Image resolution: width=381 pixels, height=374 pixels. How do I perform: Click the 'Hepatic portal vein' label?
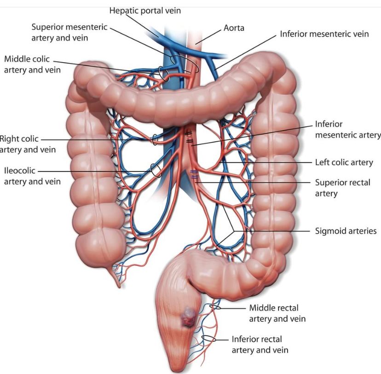(145, 11)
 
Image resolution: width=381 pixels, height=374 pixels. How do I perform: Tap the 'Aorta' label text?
(234, 28)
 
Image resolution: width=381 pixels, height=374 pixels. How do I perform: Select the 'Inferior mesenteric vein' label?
(324, 34)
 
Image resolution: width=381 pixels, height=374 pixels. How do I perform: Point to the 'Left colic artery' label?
(344, 162)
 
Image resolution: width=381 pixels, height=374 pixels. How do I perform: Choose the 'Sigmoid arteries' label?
(346, 231)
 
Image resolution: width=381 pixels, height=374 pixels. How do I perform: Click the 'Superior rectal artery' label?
(343, 188)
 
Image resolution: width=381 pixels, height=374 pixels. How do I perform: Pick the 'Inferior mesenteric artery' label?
(348, 129)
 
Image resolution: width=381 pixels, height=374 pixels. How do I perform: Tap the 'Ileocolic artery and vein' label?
(32, 176)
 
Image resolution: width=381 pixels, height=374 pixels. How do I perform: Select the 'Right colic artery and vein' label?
(28, 144)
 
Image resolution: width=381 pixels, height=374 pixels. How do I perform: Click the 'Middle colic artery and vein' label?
(32, 64)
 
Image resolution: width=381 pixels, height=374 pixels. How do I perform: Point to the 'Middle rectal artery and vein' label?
(277, 313)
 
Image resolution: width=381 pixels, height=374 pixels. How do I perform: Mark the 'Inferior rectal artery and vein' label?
(260, 345)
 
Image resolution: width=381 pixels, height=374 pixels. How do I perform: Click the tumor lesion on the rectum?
(188, 317)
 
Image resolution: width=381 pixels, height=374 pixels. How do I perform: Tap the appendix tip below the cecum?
(118, 286)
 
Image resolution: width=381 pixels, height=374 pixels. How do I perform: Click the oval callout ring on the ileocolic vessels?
(156, 171)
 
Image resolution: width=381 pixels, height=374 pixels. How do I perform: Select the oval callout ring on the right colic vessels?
(155, 140)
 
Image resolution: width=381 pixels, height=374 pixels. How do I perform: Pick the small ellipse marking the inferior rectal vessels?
(208, 338)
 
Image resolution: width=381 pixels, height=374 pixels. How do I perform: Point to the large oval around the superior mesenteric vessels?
(185, 64)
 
